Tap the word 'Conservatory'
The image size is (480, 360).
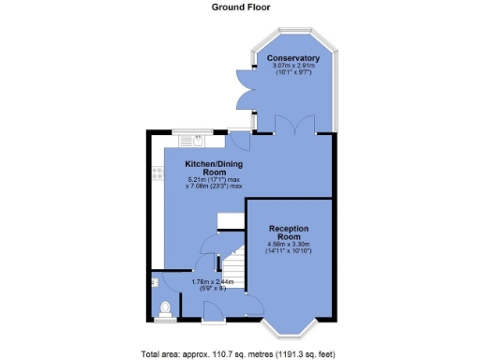tap(292, 58)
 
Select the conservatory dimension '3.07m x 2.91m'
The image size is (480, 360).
tap(292, 66)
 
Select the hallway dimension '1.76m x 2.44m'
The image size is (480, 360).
tap(210, 281)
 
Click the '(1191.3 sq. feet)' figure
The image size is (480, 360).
tap(303, 353)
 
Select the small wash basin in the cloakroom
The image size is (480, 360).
tap(154, 280)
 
